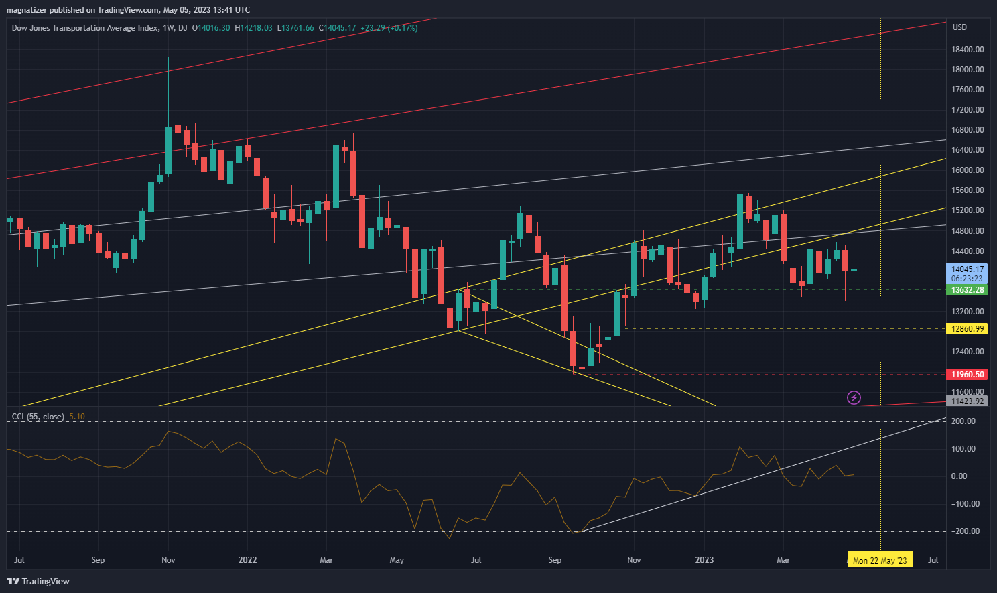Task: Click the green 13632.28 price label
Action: click(968, 290)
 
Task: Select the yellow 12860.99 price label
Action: click(968, 329)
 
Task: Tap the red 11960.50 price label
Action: click(968, 375)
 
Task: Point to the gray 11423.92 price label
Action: click(968, 401)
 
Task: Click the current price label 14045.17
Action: click(968, 269)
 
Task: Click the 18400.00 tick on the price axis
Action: click(968, 50)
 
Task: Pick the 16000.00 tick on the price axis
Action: click(968, 170)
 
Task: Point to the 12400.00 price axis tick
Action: click(968, 352)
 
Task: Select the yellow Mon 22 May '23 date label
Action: click(879, 560)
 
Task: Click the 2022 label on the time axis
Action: click(247, 560)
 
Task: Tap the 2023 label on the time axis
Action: click(704, 560)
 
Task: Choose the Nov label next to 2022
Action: click(168, 560)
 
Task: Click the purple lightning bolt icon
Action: click(854, 398)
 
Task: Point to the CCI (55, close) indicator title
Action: click(38, 417)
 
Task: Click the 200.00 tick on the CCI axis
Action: click(963, 421)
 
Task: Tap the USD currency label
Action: click(959, 27)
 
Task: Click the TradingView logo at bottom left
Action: click(39, 581)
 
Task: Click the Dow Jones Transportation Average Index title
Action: click(85, 28)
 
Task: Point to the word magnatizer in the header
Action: click(26, 10)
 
